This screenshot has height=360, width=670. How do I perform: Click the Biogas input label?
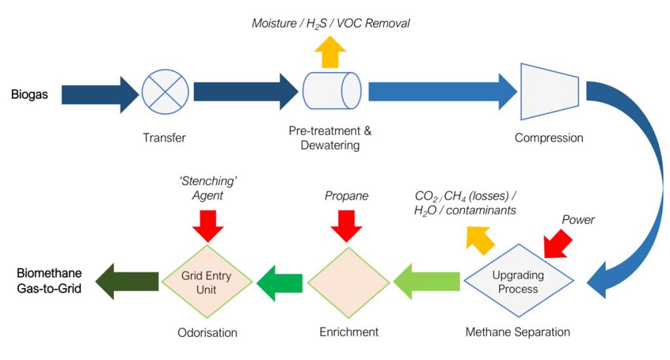[29, 95]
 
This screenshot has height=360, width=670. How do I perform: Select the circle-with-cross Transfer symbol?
[165, 93]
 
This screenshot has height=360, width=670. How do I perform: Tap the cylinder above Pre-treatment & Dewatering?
[332, 93]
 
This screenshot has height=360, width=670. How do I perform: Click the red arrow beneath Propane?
[347, 225]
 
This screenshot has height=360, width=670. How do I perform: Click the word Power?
[578, 220]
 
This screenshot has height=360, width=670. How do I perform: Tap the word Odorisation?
[207, 333]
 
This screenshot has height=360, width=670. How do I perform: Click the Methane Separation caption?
[518, 332]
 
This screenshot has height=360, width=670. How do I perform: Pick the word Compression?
[548, 138]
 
